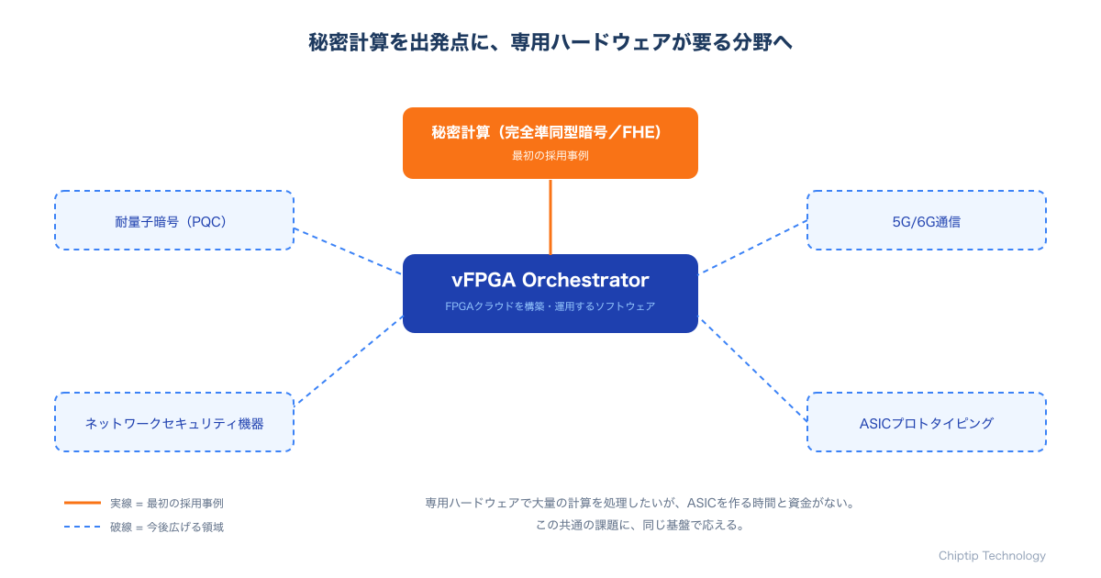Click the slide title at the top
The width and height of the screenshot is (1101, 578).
[x=550, y=42]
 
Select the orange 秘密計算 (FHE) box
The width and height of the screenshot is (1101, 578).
[x=550, y=143]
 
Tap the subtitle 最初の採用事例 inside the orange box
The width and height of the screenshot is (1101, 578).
[x=550, y=156]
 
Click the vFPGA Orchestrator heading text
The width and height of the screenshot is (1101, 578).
[x=550, y=280]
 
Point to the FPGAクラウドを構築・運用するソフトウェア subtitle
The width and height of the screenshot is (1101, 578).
[x=550, y=306]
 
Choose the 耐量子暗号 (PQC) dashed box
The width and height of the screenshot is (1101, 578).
[x=174, y=220]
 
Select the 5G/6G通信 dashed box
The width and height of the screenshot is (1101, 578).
[x=927, y=220]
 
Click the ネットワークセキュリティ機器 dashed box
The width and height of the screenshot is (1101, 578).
[x=174, y=422]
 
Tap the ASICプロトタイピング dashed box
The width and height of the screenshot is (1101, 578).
[x=927, y=422]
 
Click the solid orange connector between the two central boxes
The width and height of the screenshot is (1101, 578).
[x=550, y=217]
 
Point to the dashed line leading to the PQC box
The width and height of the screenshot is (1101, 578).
[x=348, y=251]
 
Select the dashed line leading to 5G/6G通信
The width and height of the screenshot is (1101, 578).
[x=752, y=247]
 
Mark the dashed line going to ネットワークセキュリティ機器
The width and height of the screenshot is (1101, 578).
[x=349, y=360]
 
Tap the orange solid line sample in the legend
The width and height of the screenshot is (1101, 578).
[x=83, y=503]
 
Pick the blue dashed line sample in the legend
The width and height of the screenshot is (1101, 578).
[x=83, y=527]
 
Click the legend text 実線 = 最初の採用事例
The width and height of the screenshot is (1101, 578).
[x=167, y=504]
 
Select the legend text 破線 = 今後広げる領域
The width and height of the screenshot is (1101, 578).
[x=167, y=528]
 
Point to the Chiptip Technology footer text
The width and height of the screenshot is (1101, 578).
[x=992, y=556]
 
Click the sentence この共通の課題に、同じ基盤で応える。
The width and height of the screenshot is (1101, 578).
[x=640, y=526]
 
